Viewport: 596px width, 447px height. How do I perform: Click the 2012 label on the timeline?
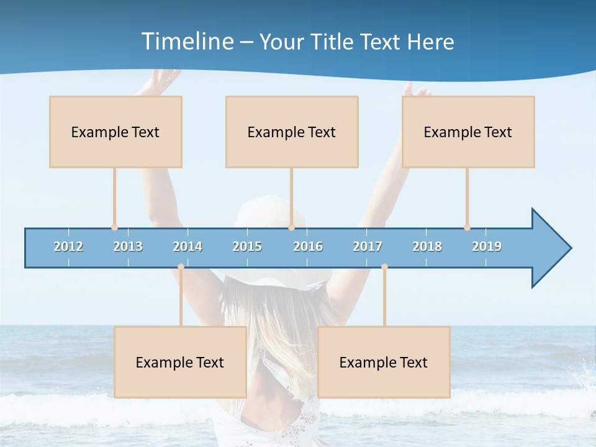[68, 246]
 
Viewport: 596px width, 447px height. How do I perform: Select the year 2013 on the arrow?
[128, 246]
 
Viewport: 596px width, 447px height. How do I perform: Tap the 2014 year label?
[187, 246]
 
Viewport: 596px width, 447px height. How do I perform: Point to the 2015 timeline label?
[247, 246]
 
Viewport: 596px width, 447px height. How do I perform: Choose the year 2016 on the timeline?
[308, 246]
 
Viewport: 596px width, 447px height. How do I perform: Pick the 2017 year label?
[368, 246]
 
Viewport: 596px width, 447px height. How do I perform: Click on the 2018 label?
[427, 246]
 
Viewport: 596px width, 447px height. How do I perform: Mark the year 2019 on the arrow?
[487, 246]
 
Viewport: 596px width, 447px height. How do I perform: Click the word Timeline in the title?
[186, 42]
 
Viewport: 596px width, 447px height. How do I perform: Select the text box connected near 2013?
[115, 132]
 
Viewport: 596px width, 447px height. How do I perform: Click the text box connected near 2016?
[292, 132]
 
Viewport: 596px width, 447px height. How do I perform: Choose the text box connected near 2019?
[468, 132]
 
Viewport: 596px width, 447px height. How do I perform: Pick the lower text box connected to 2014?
[180, 362]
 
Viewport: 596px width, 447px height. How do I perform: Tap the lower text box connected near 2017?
[384, 362]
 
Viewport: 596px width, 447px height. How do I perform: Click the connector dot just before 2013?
[114, 227]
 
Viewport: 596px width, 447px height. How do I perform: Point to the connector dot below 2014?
[181, 267]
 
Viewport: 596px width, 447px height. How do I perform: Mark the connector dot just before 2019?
[467, 227]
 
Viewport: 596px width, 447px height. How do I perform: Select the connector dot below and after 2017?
[384, 267]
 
